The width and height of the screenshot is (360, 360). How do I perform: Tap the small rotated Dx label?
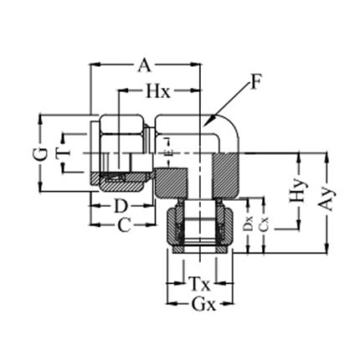coord(248,225)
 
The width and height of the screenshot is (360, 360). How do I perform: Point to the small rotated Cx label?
coord(262,225)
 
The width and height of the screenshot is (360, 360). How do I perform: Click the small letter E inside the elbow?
coord(169,156)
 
